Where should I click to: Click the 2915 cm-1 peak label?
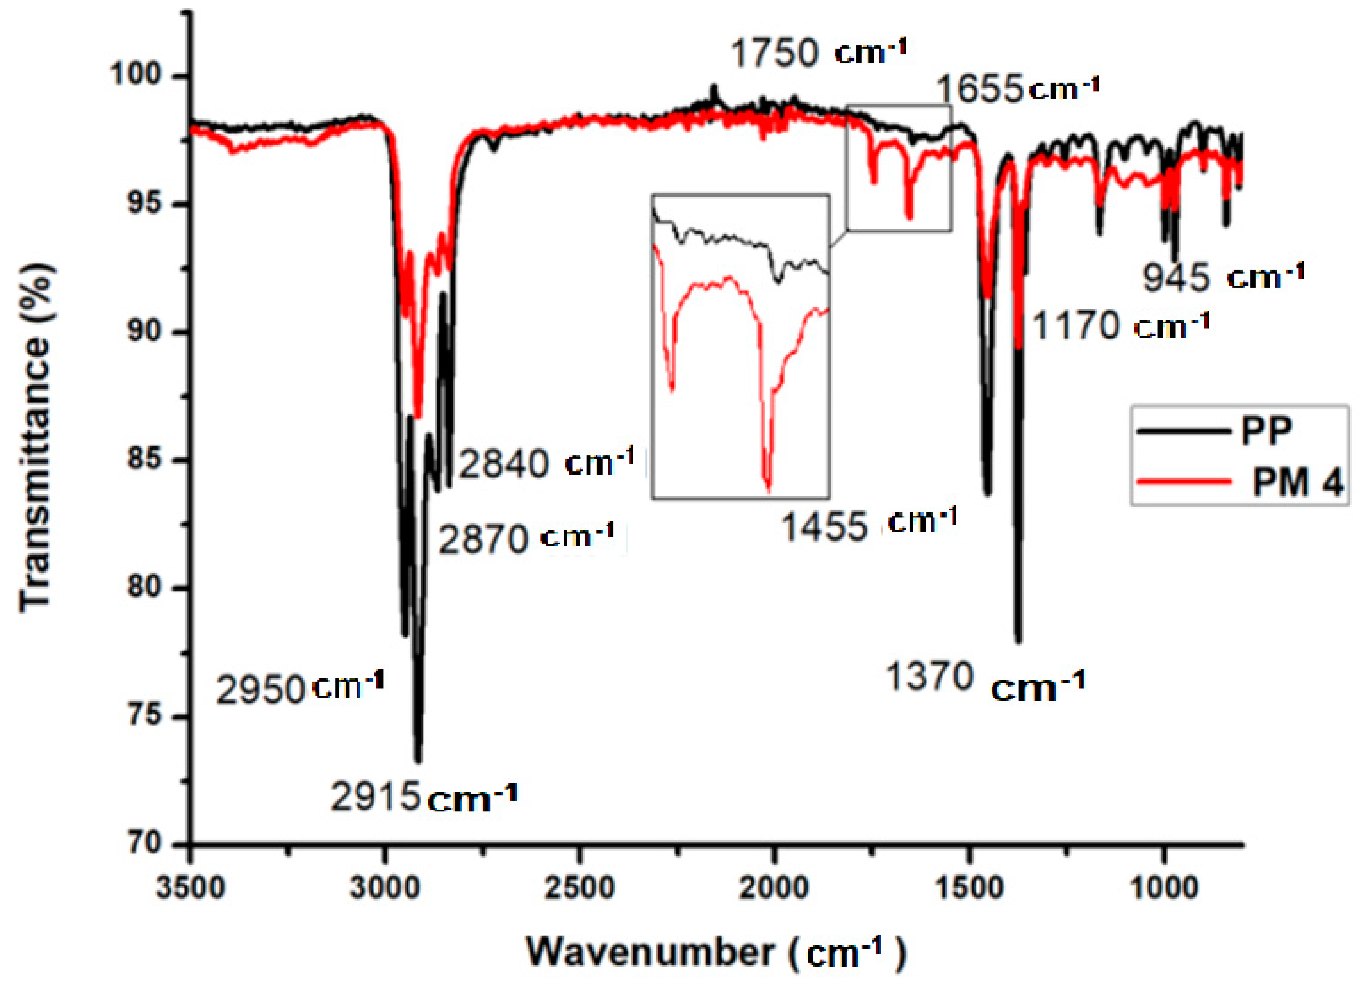tap(423, 798)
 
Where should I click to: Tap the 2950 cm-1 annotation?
tap(299, 688)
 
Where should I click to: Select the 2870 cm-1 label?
tap(526, 538)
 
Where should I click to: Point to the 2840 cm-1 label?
tap(546, 463)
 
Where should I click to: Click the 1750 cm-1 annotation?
tap(817, 52)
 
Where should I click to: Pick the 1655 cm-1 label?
tap(1017, 89)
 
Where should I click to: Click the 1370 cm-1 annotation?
tap(985, 681)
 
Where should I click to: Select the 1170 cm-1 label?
tap(1120, 326)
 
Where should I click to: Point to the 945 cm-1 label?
tap(1222, 278)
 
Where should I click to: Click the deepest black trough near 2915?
tap(418, 761)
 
